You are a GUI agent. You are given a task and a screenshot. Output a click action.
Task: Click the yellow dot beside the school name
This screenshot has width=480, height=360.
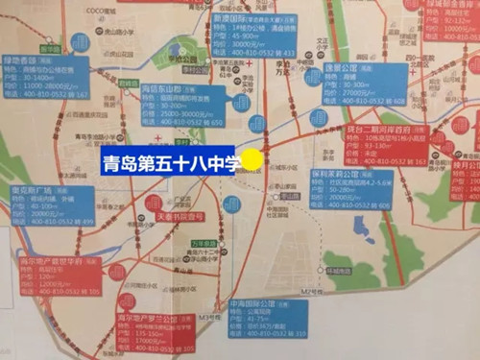[252, 159]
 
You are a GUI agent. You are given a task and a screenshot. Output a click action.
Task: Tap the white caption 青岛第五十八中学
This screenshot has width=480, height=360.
[172, 160]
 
